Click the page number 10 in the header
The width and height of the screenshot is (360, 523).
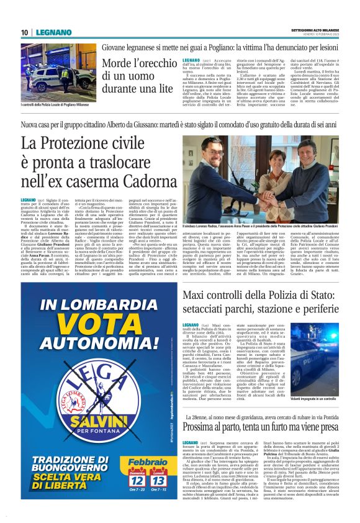pos(23,32)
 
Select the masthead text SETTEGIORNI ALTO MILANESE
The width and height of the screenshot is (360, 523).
pos(313,30)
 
